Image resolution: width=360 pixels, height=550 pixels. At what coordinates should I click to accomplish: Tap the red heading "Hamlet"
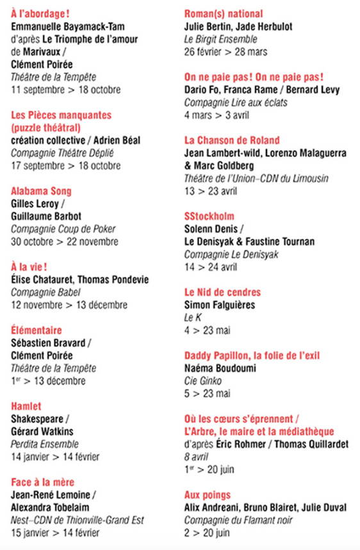point(26,406)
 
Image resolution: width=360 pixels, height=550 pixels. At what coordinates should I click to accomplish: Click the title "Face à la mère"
point(43,481)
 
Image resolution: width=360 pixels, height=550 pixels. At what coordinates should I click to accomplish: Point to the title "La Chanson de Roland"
point(232,140)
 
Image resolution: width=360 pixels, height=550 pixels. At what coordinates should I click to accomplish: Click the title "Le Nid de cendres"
point(222,292)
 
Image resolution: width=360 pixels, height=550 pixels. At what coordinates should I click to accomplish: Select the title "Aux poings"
point(207,495)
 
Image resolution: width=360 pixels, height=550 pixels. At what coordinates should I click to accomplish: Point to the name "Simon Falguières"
point(218,305)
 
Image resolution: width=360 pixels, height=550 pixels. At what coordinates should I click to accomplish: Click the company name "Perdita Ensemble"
point(45,444)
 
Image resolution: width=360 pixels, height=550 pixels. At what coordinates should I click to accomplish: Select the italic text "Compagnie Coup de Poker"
point(62,229)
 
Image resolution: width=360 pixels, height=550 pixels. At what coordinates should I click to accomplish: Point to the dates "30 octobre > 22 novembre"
point(65,241)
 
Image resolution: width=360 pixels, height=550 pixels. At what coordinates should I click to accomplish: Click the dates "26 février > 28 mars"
point(225,51)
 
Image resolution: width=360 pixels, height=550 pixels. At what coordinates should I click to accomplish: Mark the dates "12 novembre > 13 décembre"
point(69,305)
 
